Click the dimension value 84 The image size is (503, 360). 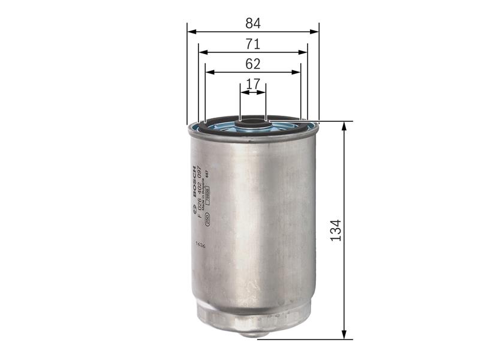(x=253, y=23)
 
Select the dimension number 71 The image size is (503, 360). (x=253, y=44)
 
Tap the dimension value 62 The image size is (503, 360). (x=253, y=64)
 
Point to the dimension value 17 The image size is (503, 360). (x=253, y=84)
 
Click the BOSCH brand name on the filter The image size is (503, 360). (x=194, y=181)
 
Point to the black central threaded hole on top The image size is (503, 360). (x=252, y=125)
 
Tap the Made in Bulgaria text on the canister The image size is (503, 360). (x=204, y=192)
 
